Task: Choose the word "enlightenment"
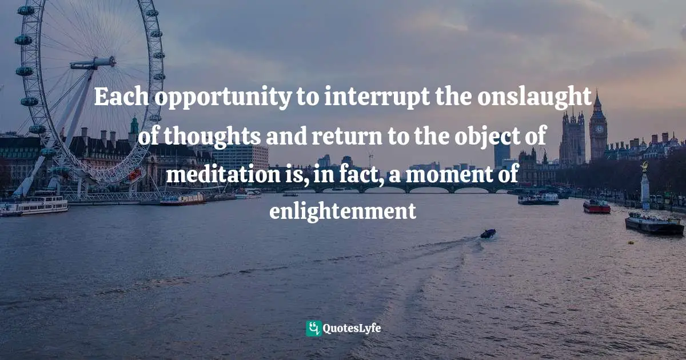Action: coord(342,212)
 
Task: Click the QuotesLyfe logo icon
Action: coord(313,328)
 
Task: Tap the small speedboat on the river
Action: coord(488,233)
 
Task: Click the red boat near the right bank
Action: coord(596,207)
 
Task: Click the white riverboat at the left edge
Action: coord(34,205)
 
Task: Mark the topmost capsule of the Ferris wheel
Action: coord(26,10)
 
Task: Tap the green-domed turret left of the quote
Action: coord(134,126)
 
